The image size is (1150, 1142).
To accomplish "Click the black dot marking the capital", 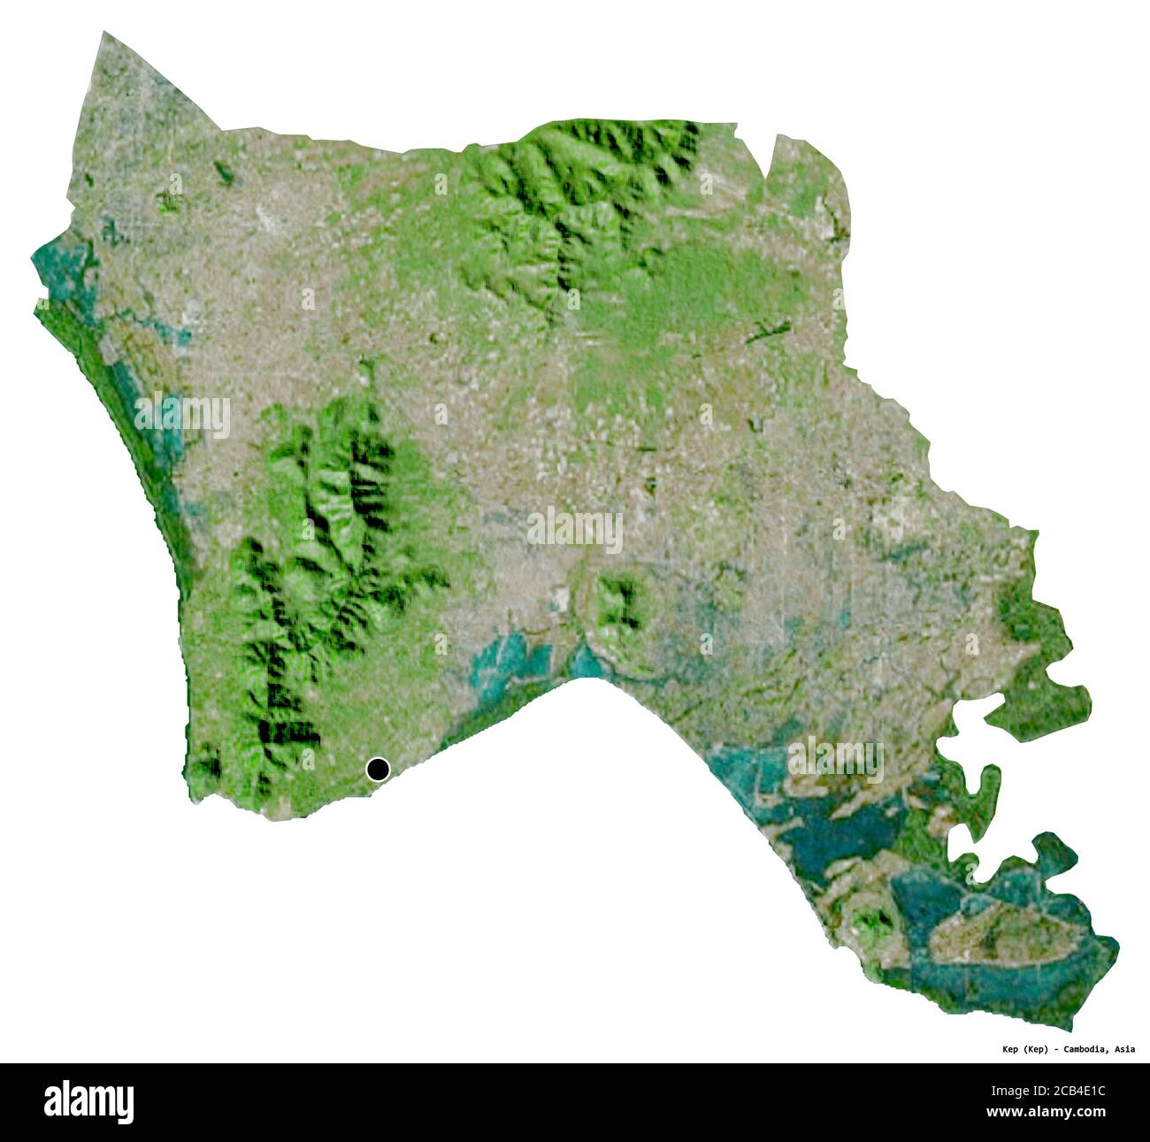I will click(x=378, y=770).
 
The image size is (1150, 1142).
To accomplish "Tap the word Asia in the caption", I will click(x=1124, y=1049).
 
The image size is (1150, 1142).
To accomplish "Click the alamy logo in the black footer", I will click(x=89, y=1102).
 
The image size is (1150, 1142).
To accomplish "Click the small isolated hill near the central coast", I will click(x=617, y=603).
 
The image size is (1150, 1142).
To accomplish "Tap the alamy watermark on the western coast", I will click(x=183, y=414).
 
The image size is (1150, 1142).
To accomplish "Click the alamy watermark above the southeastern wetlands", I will click(x=835, y=759).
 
